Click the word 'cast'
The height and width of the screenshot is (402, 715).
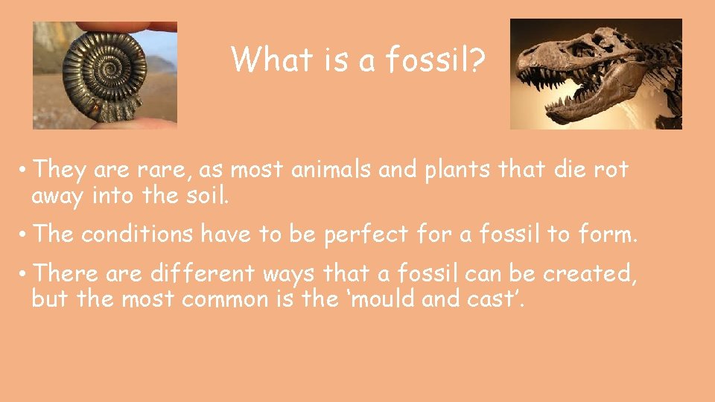pos(500,299)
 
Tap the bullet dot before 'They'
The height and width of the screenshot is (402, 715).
pos(24,170)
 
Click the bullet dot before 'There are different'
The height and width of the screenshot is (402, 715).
pos(24,274)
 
